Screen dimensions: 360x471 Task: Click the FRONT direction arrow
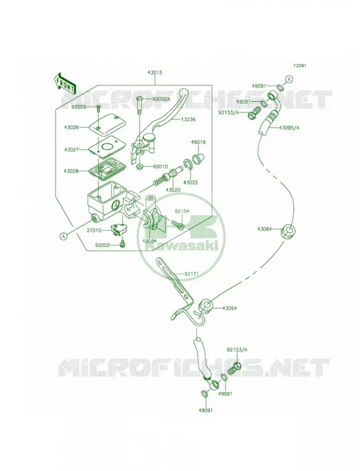pyautogui.click(x=64, y=82)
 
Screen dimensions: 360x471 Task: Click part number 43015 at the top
pyautogui.click(x=155, y=73)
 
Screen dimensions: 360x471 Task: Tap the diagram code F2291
pyautogui.click(x=300, y=65)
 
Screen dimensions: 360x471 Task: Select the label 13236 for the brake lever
pyautogui.click(x=188, y=120)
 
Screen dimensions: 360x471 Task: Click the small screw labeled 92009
pyautogui.click(x=98, y=109)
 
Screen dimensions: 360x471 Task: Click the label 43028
pyautogui.click(x=71, y=171)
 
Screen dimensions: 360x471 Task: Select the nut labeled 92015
pyautogui.click(x=139, y=167)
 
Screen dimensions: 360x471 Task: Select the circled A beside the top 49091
pyautogui.click(x=289, y=79)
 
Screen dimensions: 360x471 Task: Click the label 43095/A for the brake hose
pyautogui.click(x=289, y=127)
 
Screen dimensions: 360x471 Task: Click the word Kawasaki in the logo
pyautogui.click(x=181, y=246)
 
